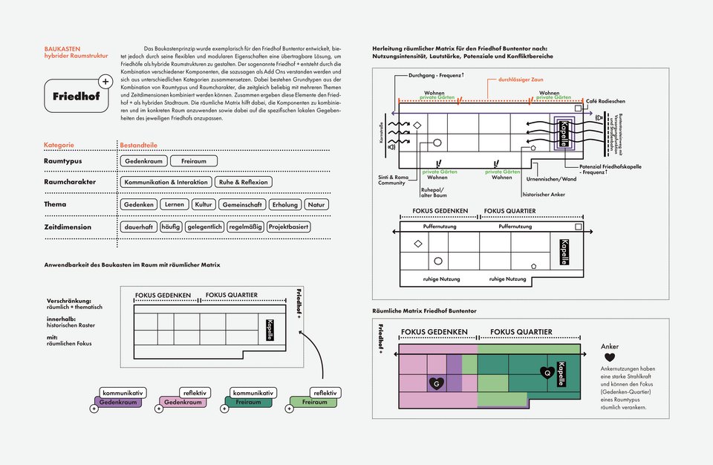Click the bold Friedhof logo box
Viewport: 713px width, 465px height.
coord(76,97)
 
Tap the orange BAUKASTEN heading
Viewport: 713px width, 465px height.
coord(62,48)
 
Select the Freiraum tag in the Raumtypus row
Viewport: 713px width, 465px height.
coord(193,161)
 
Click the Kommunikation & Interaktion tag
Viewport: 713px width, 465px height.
coord(166,182)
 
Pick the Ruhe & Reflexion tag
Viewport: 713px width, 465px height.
coord(244,182)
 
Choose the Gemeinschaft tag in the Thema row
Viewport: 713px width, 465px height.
coord(242,204)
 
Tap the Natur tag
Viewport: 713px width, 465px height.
coord(316,204)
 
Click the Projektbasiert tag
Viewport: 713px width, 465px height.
coord(289,227)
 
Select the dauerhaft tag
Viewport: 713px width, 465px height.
coord(139,227)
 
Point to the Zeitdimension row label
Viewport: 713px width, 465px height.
coord(68,227)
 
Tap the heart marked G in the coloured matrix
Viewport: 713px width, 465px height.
coord(437,383)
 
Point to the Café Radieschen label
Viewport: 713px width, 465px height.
coord(605,101)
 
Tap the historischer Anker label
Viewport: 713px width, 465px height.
coord(544,195)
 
